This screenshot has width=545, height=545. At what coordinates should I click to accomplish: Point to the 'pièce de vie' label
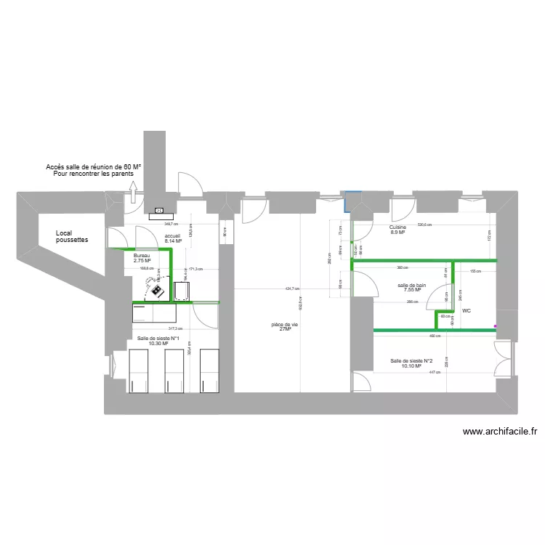pyautogui.click(x=284, y=326)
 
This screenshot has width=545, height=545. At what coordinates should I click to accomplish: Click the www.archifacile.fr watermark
pyautogui.click(x=500, y=431)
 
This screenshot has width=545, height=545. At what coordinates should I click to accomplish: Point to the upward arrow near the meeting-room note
pyautogui.click(x=134, y=191)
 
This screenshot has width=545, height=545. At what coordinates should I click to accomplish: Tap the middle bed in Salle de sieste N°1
pyautogui.click(x=174, y=371)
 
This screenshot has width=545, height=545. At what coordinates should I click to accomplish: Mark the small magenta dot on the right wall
pyautogui.click(x=496, y=326)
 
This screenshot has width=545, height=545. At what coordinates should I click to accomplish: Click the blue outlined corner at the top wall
pyautogui.click(x=352, y=197)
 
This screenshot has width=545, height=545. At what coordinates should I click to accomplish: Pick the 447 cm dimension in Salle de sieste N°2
pyautogui.click(x=434, y=372)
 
